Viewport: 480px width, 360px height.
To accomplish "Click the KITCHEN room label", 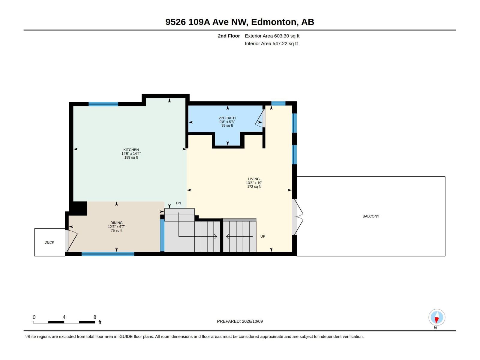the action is (131, 150).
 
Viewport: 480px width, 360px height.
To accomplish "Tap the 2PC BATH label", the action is (227, 118).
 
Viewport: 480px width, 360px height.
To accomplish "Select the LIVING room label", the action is (254, 179).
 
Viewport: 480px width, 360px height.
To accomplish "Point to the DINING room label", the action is (116, 223).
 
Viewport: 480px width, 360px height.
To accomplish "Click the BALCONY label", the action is (371, 216).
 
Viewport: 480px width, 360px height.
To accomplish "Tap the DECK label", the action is (49, 242).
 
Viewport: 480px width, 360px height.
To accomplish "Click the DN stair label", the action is (178, 203).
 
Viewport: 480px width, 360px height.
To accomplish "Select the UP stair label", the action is (262, 236).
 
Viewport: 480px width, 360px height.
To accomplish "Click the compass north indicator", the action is (437, 317).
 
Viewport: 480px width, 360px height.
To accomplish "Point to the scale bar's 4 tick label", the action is (64, 317).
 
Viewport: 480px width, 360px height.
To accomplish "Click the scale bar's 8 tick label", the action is (95, 317).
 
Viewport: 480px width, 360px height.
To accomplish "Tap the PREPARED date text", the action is (240, 321).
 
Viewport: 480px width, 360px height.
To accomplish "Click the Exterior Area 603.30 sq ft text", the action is (272, 36).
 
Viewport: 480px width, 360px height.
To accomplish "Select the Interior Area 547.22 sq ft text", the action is (271, 43).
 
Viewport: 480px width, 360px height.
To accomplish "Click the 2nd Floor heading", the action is (229, 36).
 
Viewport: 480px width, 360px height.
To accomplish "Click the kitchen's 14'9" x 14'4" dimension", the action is (131, 154).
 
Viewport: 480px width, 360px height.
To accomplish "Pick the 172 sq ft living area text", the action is (254, 187).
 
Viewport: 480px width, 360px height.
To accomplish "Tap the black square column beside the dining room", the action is (79, 208).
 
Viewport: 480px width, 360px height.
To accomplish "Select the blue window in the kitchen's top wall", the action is (103, 104).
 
